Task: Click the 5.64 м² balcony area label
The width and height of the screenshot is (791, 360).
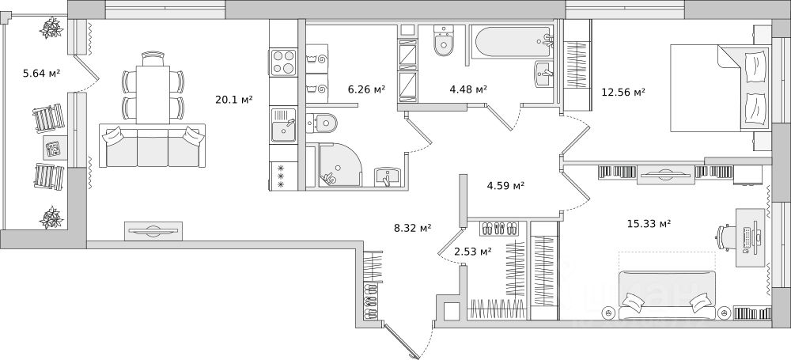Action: click(x=43, y=74)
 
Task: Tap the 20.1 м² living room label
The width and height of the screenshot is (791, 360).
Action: click(x=233, y=100)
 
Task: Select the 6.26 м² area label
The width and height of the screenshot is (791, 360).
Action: click(x=366, y=89)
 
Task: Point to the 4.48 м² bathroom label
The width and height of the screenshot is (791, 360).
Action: click(x=467, y=89)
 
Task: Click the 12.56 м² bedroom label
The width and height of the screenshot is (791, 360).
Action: click(x=624, y=92)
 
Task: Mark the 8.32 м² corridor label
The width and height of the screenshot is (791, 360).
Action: click(x=412, y=228)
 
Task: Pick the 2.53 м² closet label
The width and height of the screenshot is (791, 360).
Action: click(x=473, y=252)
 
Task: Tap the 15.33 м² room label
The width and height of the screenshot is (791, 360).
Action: click(x=649, y=224)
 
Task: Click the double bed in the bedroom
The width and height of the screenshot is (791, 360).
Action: click(x=718, y=87)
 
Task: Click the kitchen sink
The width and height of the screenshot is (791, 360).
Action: click(x=283, y=125)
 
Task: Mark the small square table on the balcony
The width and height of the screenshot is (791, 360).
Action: click(x=53, y=148)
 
